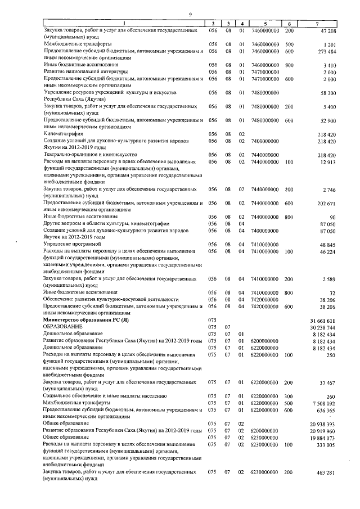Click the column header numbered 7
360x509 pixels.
(x=318, y=23)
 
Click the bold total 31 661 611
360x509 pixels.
(x=323, y=320)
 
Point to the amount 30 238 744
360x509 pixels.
(x=323, y=327)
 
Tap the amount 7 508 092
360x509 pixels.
(x=325, y=403)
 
